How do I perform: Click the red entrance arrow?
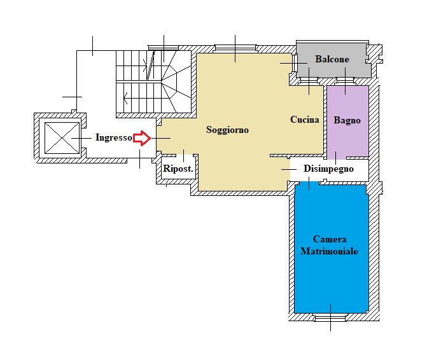[142, 138]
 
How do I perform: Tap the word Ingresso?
[114, 137]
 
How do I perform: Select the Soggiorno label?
[227, 130]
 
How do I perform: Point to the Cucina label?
[304, 120]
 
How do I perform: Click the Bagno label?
[347, 120]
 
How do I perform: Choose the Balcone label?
[332, 59]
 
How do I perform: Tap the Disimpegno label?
[329, 169]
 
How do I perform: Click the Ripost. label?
[178, 169]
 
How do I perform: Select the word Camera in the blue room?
[330, 239]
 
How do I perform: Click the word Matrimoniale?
[329, 251]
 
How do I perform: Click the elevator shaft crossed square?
[62, 138]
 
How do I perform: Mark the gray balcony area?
[333, 60]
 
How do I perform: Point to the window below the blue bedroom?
[330, 317]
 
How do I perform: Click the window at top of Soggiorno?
[235, 49]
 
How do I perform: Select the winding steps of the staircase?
[176, 81]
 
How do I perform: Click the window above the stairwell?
[164, 48]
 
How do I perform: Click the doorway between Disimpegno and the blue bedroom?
[309, 183]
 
